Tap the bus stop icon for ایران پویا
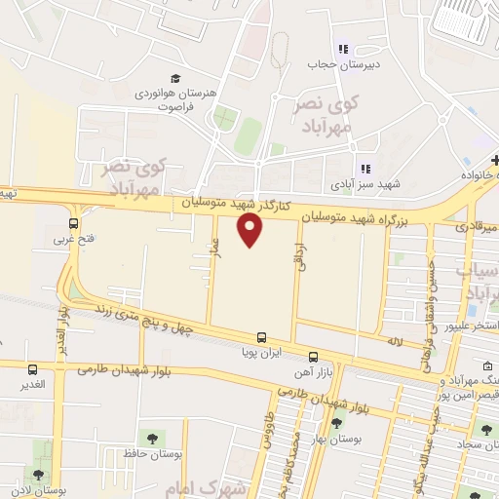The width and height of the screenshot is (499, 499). pos(261,336)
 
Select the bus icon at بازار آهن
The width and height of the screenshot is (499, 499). pos(313,358)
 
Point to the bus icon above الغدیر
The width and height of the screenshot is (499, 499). pos(34,370)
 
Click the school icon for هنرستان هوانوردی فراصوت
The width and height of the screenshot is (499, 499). pos(174,78)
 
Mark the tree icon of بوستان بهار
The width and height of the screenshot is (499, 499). pos(337,423)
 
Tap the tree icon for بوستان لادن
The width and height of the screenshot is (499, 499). pos(38,476)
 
